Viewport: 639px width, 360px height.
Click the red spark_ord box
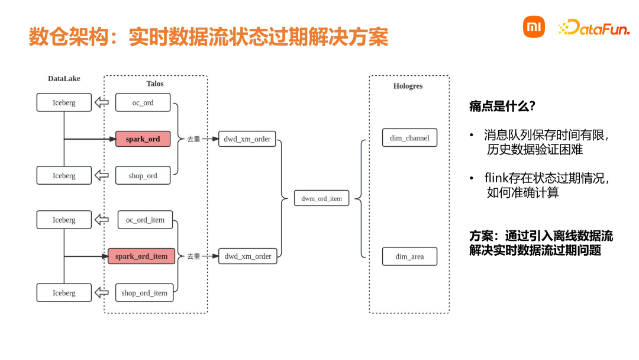143,139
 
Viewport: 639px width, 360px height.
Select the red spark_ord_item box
141,256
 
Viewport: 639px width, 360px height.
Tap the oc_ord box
143,102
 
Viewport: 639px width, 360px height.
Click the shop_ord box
143,176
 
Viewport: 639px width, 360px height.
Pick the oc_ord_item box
145,220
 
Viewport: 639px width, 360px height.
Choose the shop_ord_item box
144,293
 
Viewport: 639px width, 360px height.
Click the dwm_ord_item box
321,198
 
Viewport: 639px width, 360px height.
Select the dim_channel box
409,138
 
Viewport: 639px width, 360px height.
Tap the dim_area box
409,257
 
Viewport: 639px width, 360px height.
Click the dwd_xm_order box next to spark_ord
247,139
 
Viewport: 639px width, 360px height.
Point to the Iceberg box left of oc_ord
64,102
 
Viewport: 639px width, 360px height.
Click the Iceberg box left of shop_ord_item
64,293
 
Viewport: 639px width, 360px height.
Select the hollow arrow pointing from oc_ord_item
102,220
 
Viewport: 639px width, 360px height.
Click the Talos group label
155,84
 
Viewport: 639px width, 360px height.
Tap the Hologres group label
408,86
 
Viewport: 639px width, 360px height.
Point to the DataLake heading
64,79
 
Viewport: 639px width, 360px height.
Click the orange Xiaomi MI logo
534,27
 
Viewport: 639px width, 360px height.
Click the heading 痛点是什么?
502,107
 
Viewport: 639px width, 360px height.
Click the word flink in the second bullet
496,178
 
